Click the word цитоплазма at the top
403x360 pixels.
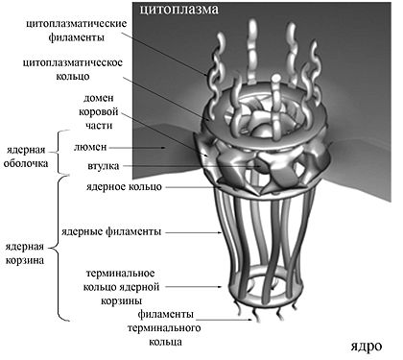coord(178,10)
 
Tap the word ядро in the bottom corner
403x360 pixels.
coord(366,347)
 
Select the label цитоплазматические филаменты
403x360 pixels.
coord(76,31)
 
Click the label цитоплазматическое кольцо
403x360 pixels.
coord(73,69)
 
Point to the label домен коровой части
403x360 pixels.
coord(99,111)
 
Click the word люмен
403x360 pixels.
coord(90,147)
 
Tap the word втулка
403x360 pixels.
coord(103,166)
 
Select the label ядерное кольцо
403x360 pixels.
coord(124,186)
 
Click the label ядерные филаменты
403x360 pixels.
coord(111,231)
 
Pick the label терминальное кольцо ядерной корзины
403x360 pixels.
coord(121,287)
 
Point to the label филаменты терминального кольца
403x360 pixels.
coord(165,327)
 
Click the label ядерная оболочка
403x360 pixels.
coord(26,156)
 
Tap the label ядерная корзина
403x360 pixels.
coord(25,253)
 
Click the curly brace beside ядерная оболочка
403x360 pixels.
coord(57,153)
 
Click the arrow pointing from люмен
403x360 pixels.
coord(137,148)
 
